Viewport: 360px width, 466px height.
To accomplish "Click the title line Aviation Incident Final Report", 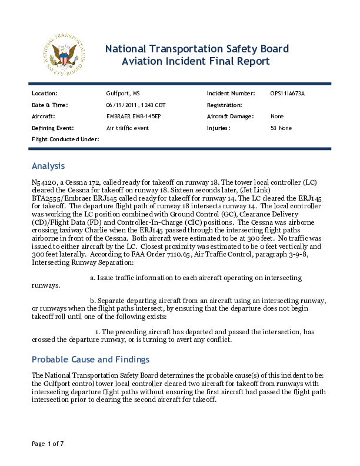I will click(196, 61).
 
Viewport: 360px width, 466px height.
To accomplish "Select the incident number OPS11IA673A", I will click(288, 94).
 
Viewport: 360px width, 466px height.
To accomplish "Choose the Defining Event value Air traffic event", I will click(128, 128).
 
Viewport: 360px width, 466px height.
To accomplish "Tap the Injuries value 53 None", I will click(281, 128).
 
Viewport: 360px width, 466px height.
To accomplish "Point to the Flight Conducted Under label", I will click(65, 139).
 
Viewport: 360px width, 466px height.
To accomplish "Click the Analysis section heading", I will click(48, 166).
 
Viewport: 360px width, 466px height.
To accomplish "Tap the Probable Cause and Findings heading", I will click(90, 360).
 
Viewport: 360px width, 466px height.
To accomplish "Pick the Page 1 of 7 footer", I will click(48, 443).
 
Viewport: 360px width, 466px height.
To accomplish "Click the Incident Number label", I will click(231, 94).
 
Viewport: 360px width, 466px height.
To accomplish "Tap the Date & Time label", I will click(50, 105).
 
